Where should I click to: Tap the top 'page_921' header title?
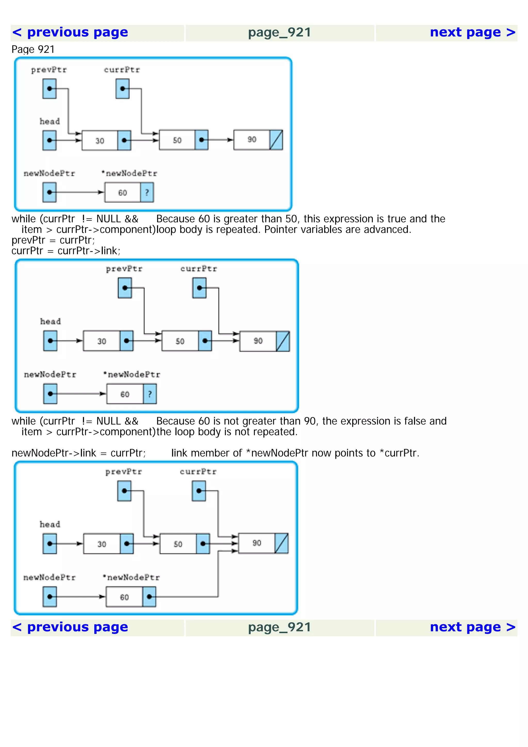pyautogui.click(x=279, y=32)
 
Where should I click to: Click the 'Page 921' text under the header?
pyautogui.click(x=33, y=49)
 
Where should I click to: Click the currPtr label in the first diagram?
pyautogui.click(x=122, y=70)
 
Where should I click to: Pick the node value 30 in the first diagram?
pyautogui.click(x=100, y=140)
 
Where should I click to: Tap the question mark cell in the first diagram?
pyautogui.click(x=147, y=192)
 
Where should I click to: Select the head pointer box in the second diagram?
pyautogui.click(x=50, y=341)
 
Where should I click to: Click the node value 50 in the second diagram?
pyautogui.click(x=180, y=341)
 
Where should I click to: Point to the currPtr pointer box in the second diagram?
pyautogui.click(x=200, y=288)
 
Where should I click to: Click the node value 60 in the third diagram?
pyautogui.click(x=124, y=597)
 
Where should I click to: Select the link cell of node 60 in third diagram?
pyautogui.click(x=149, y=597)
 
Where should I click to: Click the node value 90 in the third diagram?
pyautogui.click(x=257, y=543)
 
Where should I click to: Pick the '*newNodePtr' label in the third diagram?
pyautogui.click(x=131, y=577)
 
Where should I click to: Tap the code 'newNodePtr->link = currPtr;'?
pyautogui.click(x=78, y=453)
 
